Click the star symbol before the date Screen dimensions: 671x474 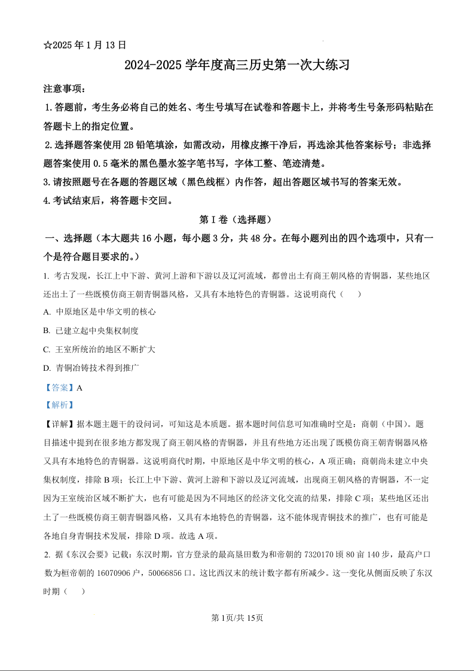pyautogui.click(x=48, y=45)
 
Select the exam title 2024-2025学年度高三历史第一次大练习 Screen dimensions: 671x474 pyautogui.click(x=237, y=65)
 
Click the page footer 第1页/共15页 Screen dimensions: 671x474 pyautogui.click(x=237, y=618)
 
